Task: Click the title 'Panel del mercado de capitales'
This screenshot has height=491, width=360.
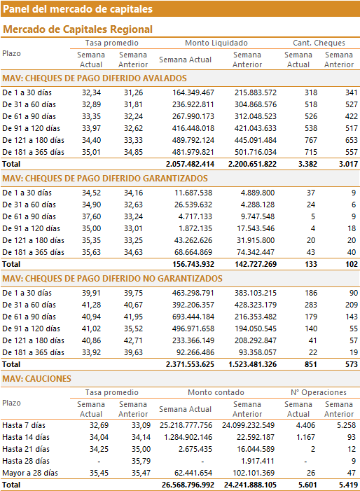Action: tap(78, 9)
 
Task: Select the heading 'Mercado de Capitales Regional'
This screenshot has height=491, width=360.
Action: tap(78, 29)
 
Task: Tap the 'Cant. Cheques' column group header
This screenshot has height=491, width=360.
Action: tap(319, 43)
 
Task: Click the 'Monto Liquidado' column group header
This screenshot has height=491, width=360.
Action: tap(216, 43)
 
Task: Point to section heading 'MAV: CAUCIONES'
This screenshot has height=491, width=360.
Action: tap(36, 379)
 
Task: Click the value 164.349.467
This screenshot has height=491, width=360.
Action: tap(193, 92)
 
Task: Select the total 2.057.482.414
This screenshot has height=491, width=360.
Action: tap(190, 164)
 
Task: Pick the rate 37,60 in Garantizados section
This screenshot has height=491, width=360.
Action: tap(92, 216)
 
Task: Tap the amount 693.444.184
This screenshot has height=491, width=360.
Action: tap(193, 317)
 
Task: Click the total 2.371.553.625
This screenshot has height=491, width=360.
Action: tap(190, 364)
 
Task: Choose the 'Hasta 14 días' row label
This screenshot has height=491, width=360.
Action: tap(26, 438)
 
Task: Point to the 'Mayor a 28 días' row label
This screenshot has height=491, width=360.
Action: tap(30, 473)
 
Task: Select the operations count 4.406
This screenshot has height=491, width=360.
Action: tap(305, 426)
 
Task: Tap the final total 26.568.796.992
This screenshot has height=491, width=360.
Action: tap(188, 485)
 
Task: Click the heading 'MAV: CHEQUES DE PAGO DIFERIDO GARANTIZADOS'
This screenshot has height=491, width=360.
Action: tap(105, 179)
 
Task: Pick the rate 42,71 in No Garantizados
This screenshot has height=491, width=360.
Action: tap(133, 340)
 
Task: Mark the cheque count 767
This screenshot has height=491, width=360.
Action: tap(311, 140)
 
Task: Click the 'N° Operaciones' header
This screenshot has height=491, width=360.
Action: tap(319, 392)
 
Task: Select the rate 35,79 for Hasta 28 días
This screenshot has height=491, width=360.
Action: tap(141, 462)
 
